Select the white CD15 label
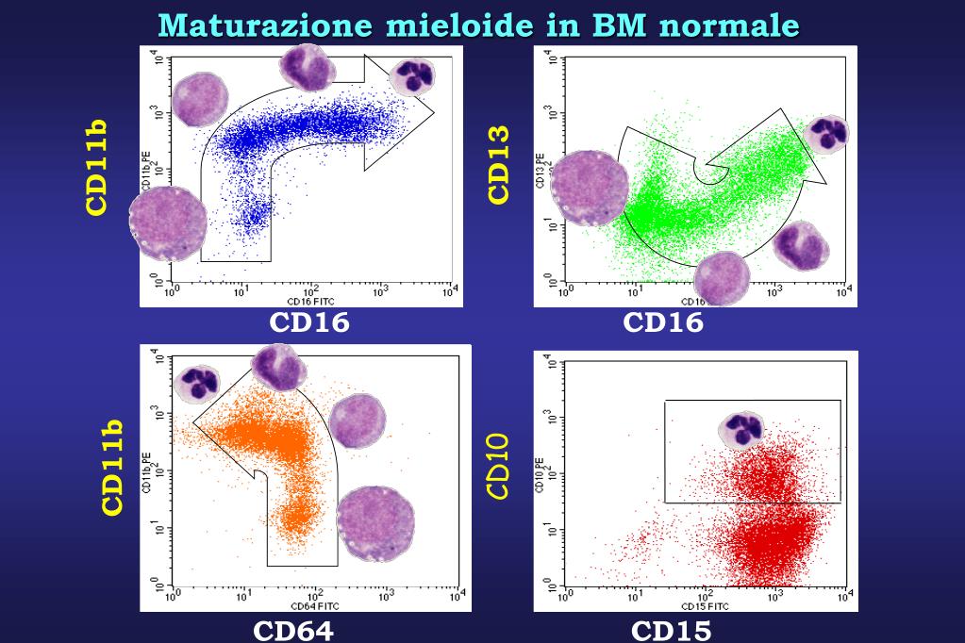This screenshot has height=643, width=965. click(670, 629)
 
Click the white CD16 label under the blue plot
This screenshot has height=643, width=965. click(308, 322)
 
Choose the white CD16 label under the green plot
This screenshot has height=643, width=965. click(663, 322)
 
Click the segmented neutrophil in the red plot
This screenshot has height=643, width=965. click(742, 430)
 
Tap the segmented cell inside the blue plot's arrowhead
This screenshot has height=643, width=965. click(412, 75)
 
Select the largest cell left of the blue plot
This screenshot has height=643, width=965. click(166, 223)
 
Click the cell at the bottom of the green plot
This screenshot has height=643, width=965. click(721, 279)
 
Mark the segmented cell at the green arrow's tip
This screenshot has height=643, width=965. click(826, 134)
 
